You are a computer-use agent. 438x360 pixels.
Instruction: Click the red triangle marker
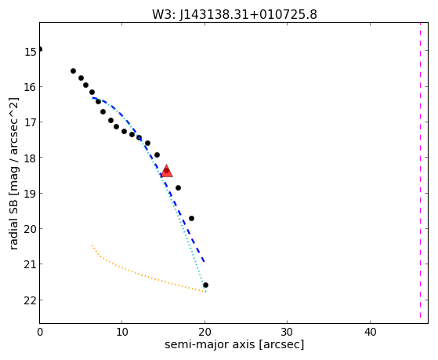(167, 171)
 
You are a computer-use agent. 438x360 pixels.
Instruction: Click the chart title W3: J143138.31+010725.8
(234, 14)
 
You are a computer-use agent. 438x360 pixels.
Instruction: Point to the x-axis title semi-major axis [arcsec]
(234, 344)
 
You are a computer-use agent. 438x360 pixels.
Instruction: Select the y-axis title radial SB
(13, 219)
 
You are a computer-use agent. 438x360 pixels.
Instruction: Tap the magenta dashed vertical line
(420, 171)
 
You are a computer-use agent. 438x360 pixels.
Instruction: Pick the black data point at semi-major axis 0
(40, 49)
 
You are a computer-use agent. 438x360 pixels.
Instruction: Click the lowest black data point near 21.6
(205, 285)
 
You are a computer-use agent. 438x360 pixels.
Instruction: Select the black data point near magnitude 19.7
(191, 218)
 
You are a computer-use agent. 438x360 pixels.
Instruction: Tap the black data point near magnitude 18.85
(178, 187)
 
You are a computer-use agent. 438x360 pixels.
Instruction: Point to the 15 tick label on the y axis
(31, 52)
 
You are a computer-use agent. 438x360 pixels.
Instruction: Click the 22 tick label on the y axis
(31, 300)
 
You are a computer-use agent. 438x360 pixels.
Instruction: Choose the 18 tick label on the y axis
(31, 158)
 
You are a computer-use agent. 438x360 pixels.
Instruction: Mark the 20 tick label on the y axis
(31, 229)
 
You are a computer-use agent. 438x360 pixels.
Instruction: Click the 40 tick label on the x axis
(370, 332)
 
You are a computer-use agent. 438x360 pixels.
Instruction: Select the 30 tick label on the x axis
(287, 332)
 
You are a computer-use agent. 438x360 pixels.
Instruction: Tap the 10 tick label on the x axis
(121, 332)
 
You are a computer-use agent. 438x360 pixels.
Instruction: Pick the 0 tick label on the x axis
(40, 332)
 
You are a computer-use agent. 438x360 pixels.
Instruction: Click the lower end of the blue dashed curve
(205, 262)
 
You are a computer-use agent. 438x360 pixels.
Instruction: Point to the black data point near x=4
(73, 71)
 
